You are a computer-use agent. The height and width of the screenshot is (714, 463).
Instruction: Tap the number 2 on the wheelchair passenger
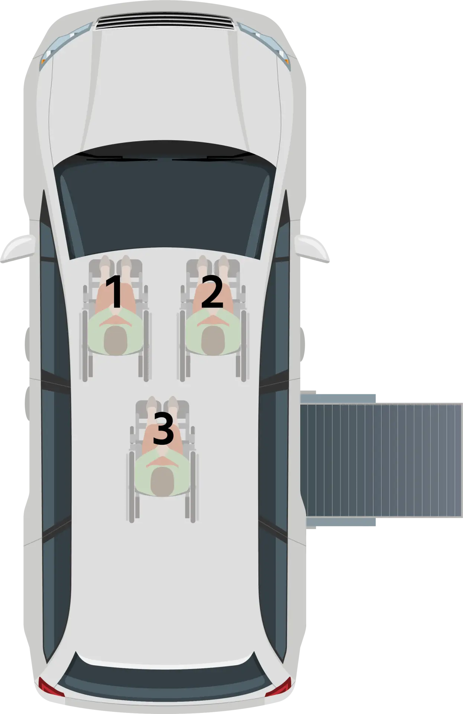click(x=212, y=292)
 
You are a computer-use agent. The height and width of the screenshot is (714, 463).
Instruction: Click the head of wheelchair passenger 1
click(x=116, y=340)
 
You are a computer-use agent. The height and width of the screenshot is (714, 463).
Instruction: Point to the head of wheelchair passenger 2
click(x=213, y=340)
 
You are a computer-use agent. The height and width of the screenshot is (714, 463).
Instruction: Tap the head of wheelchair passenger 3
click(x=162, y=480)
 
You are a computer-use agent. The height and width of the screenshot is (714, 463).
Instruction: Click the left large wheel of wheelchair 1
click(x=84, y=344)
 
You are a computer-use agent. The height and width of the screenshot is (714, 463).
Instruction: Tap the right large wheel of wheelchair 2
click(x=243, y=344)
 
